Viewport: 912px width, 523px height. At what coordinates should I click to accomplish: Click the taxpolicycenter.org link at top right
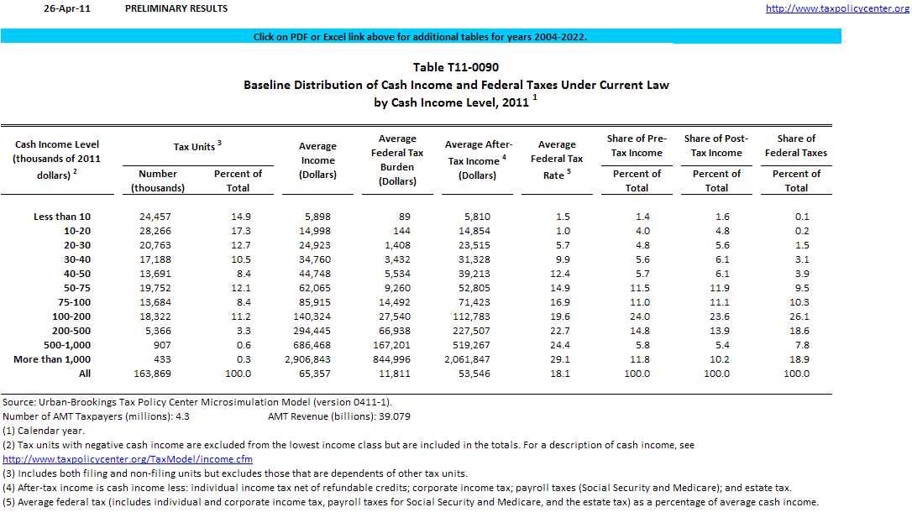(837, 8)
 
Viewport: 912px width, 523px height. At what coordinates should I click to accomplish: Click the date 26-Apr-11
(67, 8)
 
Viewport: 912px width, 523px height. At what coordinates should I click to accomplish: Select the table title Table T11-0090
(456, 67)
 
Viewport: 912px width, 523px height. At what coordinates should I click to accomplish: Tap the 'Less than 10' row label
(62, 217)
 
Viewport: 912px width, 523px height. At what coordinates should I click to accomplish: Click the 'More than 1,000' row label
(52, 359)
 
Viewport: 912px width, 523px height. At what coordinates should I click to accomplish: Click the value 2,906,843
(307, 359)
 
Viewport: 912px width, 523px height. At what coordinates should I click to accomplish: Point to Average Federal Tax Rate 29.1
(560, 359)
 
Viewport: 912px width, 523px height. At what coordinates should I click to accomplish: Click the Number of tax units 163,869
(152, 374)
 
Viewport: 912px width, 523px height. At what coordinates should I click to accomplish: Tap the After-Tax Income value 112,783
(472, 316)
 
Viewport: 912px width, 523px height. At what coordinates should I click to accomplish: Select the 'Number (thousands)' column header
(158, 180)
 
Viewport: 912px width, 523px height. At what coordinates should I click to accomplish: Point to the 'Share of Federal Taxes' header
(796, 146)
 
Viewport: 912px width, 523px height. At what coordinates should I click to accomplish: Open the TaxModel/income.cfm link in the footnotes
(128, 459)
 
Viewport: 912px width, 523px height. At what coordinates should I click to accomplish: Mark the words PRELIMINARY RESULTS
(176, 8)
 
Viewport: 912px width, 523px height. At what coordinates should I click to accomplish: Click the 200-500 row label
(71, 332)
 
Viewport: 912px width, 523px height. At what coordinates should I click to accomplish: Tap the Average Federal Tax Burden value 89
(405, 217)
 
